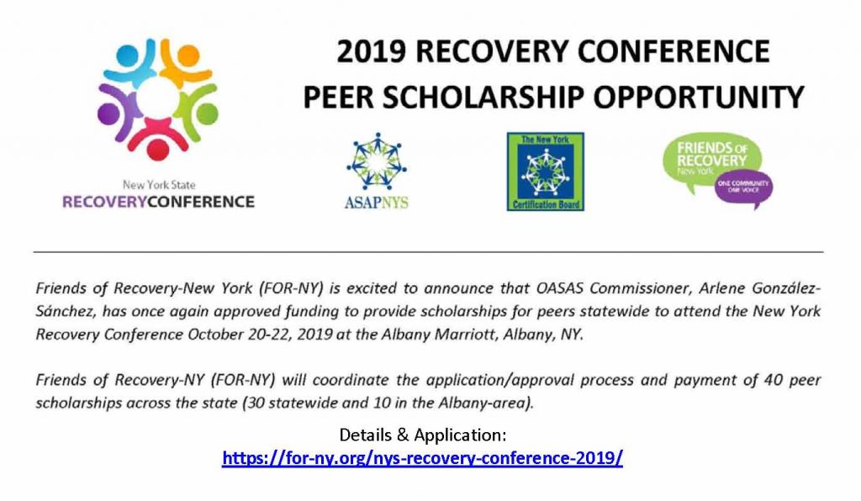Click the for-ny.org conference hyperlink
(422, 457)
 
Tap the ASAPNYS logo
(377, 171)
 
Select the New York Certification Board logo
(545, 171)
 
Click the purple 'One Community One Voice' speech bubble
(744, 190)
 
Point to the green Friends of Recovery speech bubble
(710, 160)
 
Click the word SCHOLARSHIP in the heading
(478, 98)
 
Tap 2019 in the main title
(371, 51)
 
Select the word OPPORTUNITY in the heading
(699, 98)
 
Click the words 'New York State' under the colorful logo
(159, 185)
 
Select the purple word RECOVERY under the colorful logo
(104, 202)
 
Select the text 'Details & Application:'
(423, 435)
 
